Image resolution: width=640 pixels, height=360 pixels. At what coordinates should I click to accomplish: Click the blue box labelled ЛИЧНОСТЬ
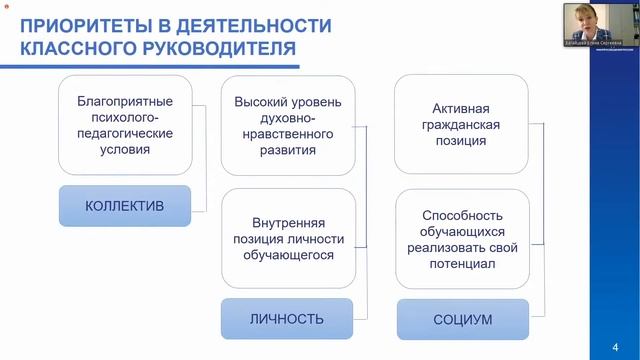[286, 319]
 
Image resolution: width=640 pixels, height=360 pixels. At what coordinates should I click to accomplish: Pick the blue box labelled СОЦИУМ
[462, 320]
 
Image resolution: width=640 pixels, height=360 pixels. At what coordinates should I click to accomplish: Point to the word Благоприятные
[125, 102]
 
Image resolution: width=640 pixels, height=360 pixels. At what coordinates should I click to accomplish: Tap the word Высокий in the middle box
[260, 102]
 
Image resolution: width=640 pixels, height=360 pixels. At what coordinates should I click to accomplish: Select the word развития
[288, 150]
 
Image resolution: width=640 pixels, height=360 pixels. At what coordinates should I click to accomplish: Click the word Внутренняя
[288, 222]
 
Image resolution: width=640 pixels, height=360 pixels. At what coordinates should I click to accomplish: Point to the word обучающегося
[288, 255]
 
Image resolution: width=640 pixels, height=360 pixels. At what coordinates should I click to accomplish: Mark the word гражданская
[462, 125]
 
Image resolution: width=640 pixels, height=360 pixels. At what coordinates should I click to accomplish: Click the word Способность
[462, 215]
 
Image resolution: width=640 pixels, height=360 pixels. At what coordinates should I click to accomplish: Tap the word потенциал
[462, 264]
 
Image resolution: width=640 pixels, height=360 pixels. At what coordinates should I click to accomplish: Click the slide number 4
[614, 347]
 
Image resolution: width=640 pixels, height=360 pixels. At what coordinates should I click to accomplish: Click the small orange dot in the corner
[5, 7]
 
